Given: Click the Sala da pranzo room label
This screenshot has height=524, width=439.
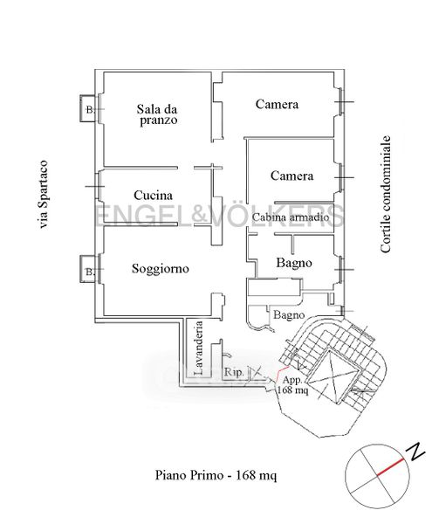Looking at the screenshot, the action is (x=157, y=114).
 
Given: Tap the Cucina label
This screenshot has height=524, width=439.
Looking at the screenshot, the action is (x=154, y=195).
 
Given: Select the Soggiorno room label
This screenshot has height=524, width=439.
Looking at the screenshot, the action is (x=161, y=268).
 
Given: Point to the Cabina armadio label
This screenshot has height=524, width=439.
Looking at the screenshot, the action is (x=291, y=217).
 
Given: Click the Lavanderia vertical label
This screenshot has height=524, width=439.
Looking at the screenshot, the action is (x=199, y=348).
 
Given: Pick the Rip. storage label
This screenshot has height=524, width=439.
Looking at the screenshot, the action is (x=234, y=372).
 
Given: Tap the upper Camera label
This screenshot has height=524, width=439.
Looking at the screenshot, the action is (x=277, y=104).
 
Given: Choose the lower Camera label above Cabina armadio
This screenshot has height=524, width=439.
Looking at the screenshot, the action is (x=292, y=176).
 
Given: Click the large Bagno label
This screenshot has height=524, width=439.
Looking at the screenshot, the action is (x=294, y=263).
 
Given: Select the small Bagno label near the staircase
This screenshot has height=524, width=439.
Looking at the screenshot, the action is (x=289, y=315).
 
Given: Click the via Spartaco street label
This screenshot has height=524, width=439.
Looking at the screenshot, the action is (x=44, y=195).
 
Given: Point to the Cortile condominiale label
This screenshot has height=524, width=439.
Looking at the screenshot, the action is (x=385, y=194).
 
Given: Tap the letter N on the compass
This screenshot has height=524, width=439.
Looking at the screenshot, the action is (x=415, y=452).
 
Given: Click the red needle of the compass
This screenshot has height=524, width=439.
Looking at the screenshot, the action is (x=391, y=467).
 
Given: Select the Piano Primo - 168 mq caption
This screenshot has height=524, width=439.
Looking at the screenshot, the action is (x=216, y=475).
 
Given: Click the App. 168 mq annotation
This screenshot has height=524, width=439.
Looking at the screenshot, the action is (x=292, y=385).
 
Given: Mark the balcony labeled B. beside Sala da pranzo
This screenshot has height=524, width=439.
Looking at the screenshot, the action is (x=88, y=108).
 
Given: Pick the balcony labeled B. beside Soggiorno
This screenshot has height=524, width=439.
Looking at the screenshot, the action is (x=88, y=269).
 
